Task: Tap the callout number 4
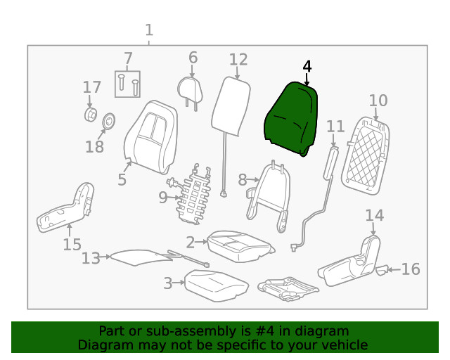point(306,67)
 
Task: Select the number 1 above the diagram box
point(148,30)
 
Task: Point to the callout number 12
point(238,60)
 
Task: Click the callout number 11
point(335,127)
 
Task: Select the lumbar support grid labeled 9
point(196,193)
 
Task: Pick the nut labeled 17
point(91,115)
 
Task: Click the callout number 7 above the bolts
point(127,58)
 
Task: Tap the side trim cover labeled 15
point(65,208)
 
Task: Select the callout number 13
point(91,259)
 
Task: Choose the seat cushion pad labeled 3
point(215,283)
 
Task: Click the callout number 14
point(375,215)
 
